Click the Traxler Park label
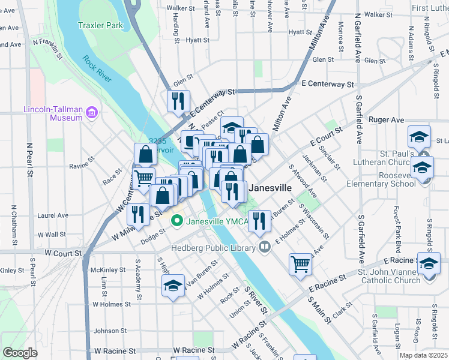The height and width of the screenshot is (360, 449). tap(100, 25)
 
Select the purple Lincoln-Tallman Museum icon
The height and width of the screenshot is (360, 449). tap(91, 112)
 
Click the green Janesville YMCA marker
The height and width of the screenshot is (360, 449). tap(177, 221)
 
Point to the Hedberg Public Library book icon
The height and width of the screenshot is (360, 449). tap(265, 247)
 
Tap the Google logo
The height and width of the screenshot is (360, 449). tap(20, 353)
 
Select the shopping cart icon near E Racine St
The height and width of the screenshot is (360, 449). tap(300, 263)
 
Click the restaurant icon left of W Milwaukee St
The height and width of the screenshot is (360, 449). tap(138, 215)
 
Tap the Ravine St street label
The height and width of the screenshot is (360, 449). tap(83, 162)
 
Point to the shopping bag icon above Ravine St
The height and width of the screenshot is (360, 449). tap(146, 154)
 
